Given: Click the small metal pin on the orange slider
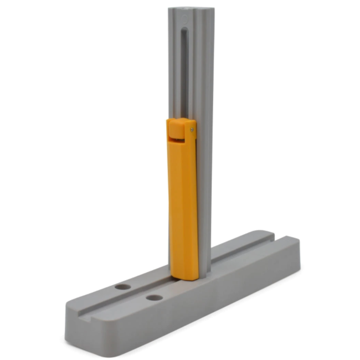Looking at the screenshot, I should (192, 130).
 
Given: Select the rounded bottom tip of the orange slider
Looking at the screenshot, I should (184, 274).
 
